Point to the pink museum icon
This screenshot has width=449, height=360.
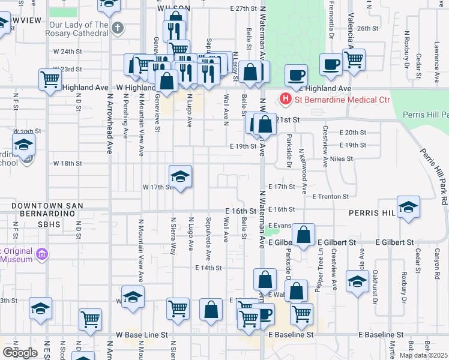click(x=42, y=254)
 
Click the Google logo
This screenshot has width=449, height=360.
click(x=19, y=352)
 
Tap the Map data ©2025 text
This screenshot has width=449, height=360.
click(x=423, y=355)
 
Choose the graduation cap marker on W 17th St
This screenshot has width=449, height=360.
click(x=180, y=176)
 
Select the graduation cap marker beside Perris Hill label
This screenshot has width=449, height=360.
click(x=408, y=206)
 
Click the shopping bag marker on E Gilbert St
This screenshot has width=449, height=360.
click(x=304, y=235)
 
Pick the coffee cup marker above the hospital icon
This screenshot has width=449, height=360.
click(x=296, y=75)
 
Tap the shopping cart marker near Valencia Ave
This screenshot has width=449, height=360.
click(x=354, y=60)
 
